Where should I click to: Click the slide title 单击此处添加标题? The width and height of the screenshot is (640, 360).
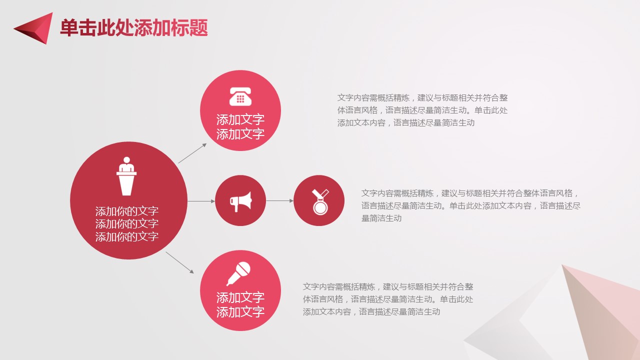click(x=133, y=27)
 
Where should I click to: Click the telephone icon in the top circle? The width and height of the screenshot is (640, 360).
click(x=240, y=96)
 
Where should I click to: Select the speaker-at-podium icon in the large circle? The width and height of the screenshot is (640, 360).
click(x=126, y=176)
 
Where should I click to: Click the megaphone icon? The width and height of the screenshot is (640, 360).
click(x=240, y=201)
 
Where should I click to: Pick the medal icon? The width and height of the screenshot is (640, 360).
click(x=320, y=201)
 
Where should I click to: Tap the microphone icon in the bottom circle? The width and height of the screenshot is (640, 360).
click(x=238, y=273)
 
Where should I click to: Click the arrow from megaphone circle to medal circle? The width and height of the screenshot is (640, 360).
click(x=279, y=201)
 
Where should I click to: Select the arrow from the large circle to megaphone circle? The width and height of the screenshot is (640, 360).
click(x=201, y=201)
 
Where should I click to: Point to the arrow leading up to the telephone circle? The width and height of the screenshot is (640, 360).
click(x=192, y=153)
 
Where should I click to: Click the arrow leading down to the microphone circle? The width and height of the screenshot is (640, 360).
click(x=179, y=262)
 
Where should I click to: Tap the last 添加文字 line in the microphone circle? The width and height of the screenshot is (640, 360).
click(x=240, y=311)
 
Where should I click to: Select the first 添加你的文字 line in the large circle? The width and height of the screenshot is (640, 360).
click(x=126, y=211)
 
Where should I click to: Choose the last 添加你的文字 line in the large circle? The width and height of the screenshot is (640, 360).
click(x=126, y=236)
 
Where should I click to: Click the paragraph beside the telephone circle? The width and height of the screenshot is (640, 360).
click(x=422, y=110)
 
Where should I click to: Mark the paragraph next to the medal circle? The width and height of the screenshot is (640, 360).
click(x=471, y=205)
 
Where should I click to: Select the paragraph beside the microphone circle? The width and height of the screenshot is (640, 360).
click(x=388, y=299)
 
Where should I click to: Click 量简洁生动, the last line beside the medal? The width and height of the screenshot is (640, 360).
click(x=381, y=218)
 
